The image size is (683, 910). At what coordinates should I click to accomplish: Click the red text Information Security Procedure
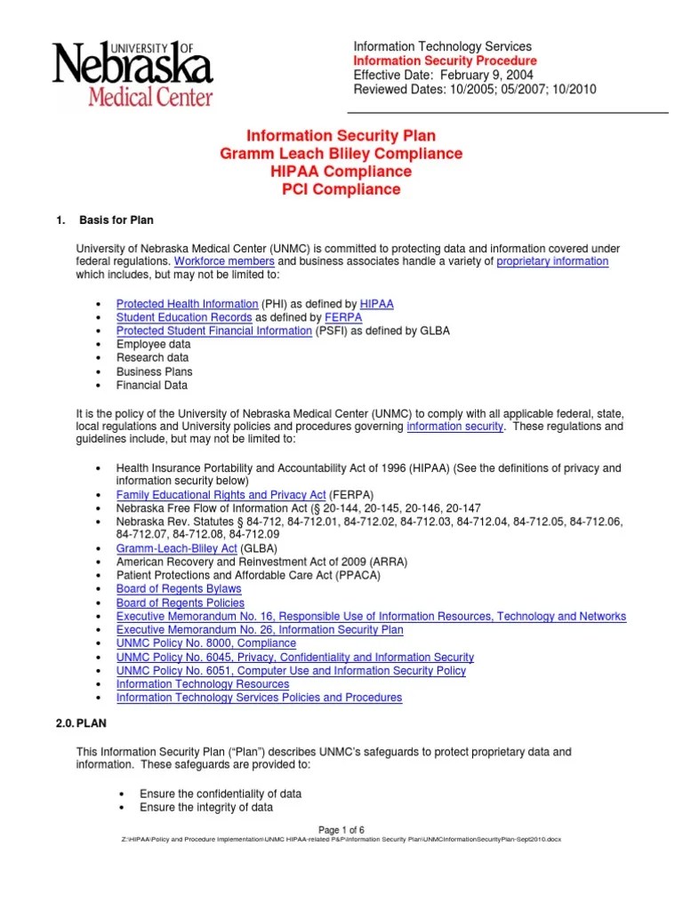coord(445,60)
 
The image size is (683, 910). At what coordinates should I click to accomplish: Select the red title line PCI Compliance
coord(341,189)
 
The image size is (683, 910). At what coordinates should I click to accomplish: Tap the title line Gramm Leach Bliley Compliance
coord(341,154)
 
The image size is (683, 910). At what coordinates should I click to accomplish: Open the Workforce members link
coord(224,261)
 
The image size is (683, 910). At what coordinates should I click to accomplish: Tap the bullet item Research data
coord(152,358)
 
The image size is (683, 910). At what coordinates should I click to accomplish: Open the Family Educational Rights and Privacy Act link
coord(221,494)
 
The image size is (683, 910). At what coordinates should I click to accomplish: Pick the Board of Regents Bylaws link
coord(179,589)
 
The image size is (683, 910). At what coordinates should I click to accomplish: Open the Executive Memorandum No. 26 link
coord(260,630)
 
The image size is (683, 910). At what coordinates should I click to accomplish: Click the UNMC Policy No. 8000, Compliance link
coord(206,643)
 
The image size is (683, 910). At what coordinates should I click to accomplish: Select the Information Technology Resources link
coord(203,684)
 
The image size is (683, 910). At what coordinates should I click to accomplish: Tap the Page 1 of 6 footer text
coord(341,830)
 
